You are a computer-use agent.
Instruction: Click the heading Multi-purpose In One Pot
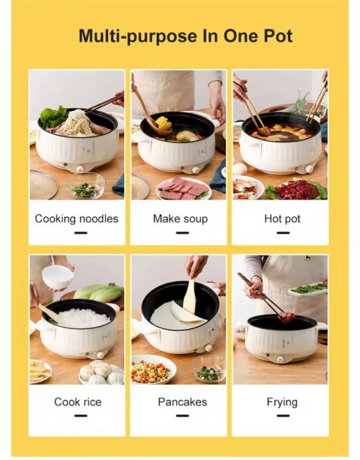[185, 36]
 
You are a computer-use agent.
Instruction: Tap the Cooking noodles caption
[77, 218]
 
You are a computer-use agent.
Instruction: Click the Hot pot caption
[282, 218]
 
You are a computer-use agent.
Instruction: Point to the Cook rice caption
[77, 402]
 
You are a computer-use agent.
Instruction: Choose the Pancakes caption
[182, 402]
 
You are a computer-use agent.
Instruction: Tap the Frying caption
[282, 402]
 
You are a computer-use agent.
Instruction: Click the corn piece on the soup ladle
[163, 123]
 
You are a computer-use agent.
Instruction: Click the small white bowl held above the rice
[58, 277]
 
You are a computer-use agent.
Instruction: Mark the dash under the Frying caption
[282, 415]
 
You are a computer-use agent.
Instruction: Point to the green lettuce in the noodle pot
[54, 117]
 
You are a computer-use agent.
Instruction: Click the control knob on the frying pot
[279, 359]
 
